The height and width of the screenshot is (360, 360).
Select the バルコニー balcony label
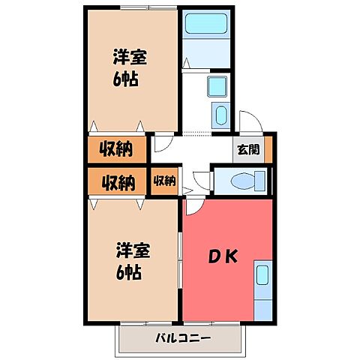(x=184, y=337)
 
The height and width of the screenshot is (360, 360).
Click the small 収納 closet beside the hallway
(x=165, y=180)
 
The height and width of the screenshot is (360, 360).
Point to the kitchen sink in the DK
(x=263, y=275)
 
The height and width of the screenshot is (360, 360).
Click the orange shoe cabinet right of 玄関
(x=268, y=148)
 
